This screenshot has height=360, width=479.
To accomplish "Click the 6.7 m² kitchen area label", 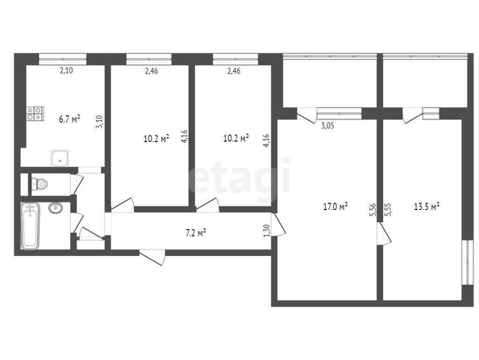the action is pyautogui.click(x=69, y=119).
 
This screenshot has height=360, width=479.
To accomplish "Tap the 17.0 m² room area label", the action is pyautogui.click(x=335, y=207).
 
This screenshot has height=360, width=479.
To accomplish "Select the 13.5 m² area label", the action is pyautogui.click(x=427, y=207).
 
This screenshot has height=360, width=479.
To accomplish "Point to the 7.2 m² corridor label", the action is pyautogui.click(x=195, y=233).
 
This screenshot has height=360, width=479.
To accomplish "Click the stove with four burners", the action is pyautogui.click(x=35, y=114).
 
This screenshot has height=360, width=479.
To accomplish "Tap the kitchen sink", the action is pyautogui.click(x=60, y=158).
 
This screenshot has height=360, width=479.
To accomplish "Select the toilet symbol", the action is pyautogui.click(x=40, y=184).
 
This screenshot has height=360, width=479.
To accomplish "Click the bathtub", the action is pyautogui.click(x=30, y=225).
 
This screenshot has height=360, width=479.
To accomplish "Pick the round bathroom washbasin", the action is pyautogui.click(x=56, y=208).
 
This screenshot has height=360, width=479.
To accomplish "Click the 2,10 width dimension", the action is pyautogui.click(x=66, y=71).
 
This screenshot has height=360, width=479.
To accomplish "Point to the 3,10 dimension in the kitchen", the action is pyautogui.click(x=100, y=121).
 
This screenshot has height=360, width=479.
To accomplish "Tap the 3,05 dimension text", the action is pyautogui.click(x=327, y=126).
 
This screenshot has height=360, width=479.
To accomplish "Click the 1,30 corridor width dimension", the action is pyautogui.click(x=266, y=231).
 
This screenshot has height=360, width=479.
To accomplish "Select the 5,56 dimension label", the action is pyautogui.click(x=373, y=210).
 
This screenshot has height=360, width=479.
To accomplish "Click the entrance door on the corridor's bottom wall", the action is pyautogui.click(x=152, y=257).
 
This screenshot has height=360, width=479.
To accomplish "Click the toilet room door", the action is pyautogui.click(x=77, y=184).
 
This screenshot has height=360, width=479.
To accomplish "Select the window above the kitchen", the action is pyautogui.click(x=63, y=59).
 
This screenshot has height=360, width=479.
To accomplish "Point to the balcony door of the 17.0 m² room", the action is pyautogui.click(x=306, y=115).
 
